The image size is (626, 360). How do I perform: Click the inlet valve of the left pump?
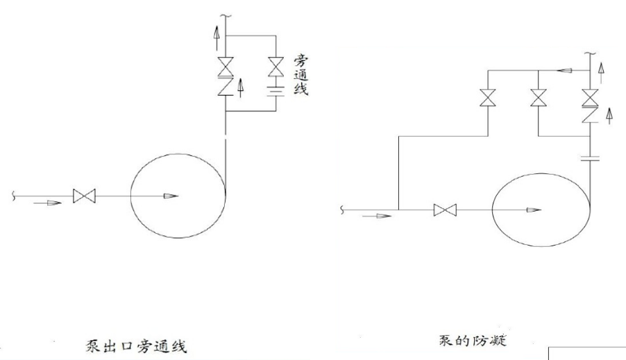[84, 197]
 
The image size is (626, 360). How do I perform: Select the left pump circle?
[178, 196]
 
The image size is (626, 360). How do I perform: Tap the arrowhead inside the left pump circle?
[169, 197]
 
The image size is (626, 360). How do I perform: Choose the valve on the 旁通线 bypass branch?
[276, 67]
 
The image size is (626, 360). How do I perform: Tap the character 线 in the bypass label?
[301, 90]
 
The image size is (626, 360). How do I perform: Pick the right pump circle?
[540, 209]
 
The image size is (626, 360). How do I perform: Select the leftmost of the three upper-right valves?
[487, 98]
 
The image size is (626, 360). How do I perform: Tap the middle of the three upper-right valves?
[537, 98]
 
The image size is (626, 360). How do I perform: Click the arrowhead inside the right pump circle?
[534, 209]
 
